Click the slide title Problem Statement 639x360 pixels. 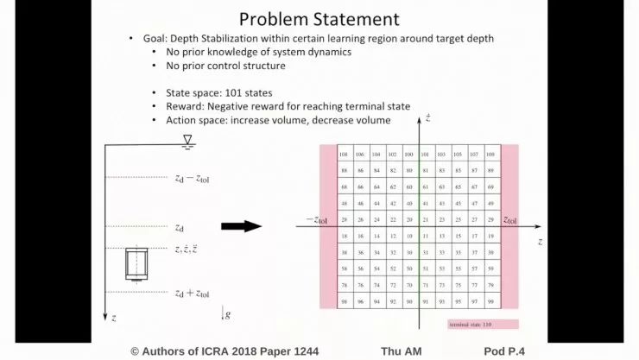[319, 18]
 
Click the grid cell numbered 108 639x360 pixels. [344, 155]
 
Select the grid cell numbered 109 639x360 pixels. [490, 155]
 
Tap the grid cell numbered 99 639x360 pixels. [490, 302]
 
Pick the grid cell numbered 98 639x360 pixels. [344, 302]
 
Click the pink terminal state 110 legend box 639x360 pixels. [483, 325]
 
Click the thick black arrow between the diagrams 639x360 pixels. [241, 226]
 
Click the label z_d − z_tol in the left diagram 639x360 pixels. [192, 179]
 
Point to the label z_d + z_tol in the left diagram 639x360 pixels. [192, 294]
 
